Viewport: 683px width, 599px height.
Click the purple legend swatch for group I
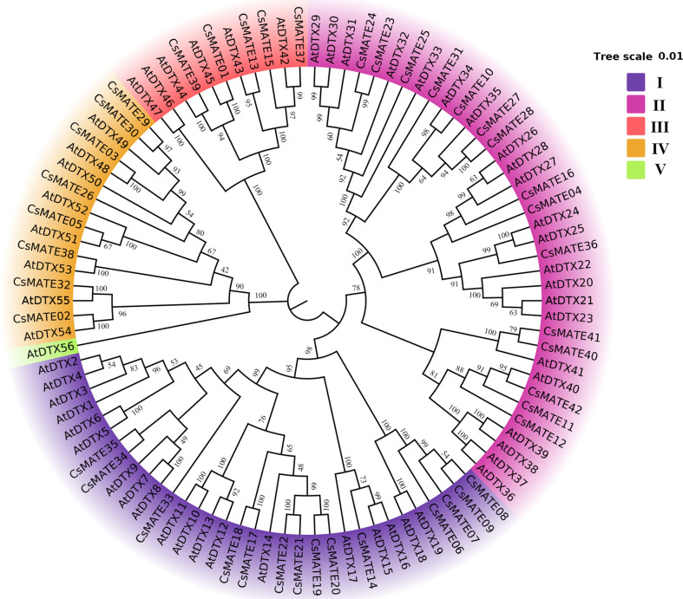point(636,84)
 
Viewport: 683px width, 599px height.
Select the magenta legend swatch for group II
point(636,106)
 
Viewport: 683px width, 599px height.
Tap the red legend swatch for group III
point(636,127)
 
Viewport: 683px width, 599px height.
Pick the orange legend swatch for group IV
point(636,148)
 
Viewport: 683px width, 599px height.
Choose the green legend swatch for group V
point(636,169)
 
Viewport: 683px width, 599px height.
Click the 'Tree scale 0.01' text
point(638,57)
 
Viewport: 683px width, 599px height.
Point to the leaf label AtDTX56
point(49,350)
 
